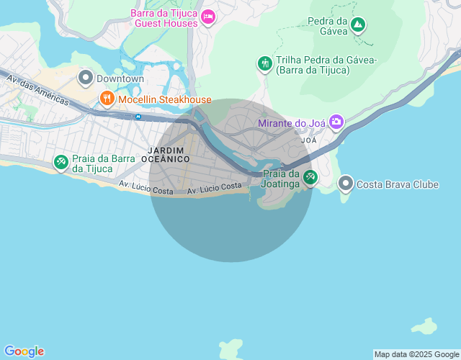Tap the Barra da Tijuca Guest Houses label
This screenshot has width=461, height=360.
coord(165,17)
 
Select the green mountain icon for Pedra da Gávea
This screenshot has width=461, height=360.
coord(358,26)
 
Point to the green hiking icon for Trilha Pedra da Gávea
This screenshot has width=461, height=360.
coord(264,64)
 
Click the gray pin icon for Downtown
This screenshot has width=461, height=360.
coord(86,78)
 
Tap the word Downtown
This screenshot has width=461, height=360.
coord(120,78)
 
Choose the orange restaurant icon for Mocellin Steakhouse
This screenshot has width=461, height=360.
coord(107,99)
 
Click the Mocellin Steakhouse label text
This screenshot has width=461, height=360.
coord(165,99)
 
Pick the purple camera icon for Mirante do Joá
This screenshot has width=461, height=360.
coord(336,122)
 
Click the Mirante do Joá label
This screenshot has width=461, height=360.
coord(292,123)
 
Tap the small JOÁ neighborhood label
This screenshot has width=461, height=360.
coord(309,140)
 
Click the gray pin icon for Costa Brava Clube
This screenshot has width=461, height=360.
coord(346,184)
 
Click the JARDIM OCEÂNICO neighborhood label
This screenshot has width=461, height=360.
coord(166,153)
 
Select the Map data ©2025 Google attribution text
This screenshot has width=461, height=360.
coord(416,354)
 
